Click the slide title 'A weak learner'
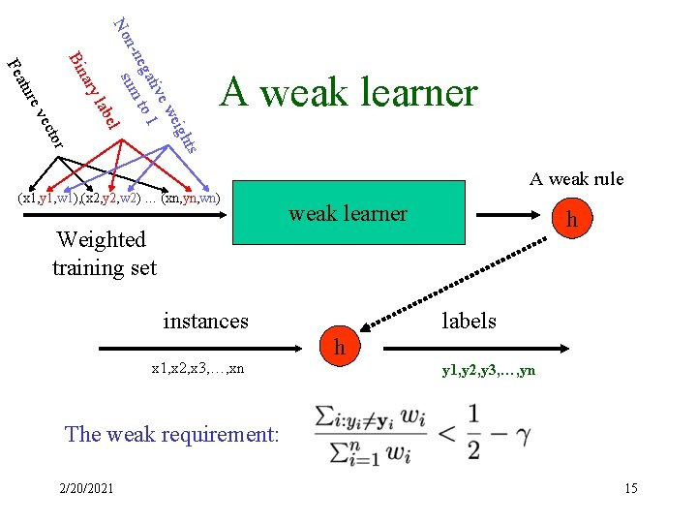pos(348,93)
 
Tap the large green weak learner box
pos(348,213)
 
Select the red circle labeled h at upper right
pos(572,220)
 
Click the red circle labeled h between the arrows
pos(338,346)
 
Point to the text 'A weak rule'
pos(576,178)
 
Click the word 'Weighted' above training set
pos(101,239)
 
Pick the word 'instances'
pos(205,321)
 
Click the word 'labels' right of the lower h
pos(469,321)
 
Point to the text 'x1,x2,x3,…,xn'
pos(197,369)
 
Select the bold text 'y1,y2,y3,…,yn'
pos(488,369)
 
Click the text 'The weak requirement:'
pos(170,433)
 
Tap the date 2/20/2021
pos(85,488)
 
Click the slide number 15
pos(630,488)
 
